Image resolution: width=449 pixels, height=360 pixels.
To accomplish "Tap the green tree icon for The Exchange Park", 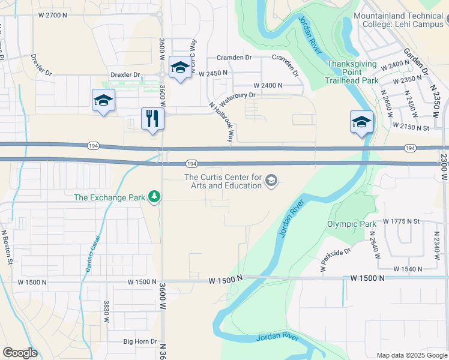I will pyautogui.click(x=155, y=196).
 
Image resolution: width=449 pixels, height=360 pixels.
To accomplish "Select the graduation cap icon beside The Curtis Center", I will pyautogui.click(x=271, y=181).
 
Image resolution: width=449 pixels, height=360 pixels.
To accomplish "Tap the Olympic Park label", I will pyautogui.click(x=346, y=224).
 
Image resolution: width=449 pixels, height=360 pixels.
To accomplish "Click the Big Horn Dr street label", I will pyautogui.click(x=140, y=341).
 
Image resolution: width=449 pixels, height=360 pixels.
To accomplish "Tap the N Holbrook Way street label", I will pyautogui.click(x=221, y=122).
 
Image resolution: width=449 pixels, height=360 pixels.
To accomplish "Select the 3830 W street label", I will pyautogui.click(x=106, y=313).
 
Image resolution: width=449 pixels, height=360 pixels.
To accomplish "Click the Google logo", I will pyautogui.click(x=20, y=353).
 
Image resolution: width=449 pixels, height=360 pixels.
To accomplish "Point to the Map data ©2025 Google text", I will pyautogui.click(x=411, y=355).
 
